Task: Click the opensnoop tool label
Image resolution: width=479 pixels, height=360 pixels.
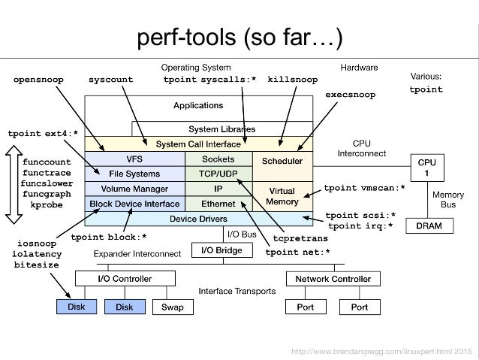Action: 38,79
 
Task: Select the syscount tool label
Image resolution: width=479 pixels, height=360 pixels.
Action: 110,79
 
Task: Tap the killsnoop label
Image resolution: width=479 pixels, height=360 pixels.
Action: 293,79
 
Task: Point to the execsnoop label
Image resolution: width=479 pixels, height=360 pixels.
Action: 350,95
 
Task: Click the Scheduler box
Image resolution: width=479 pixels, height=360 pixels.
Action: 282,161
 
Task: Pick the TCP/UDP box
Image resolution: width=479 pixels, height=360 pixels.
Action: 218,174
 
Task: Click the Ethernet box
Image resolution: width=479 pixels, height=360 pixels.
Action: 218,204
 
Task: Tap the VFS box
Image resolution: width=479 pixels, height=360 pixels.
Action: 134,159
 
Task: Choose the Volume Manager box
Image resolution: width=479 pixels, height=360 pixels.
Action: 134,189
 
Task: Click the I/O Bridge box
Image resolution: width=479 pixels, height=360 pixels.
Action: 218,250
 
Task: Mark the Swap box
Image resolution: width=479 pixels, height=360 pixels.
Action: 172,307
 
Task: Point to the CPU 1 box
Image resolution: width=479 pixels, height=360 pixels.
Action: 426,167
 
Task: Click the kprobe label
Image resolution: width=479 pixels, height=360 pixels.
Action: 46,204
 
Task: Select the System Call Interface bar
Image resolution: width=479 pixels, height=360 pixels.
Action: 198,143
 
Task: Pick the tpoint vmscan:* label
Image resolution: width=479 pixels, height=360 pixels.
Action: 363,187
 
